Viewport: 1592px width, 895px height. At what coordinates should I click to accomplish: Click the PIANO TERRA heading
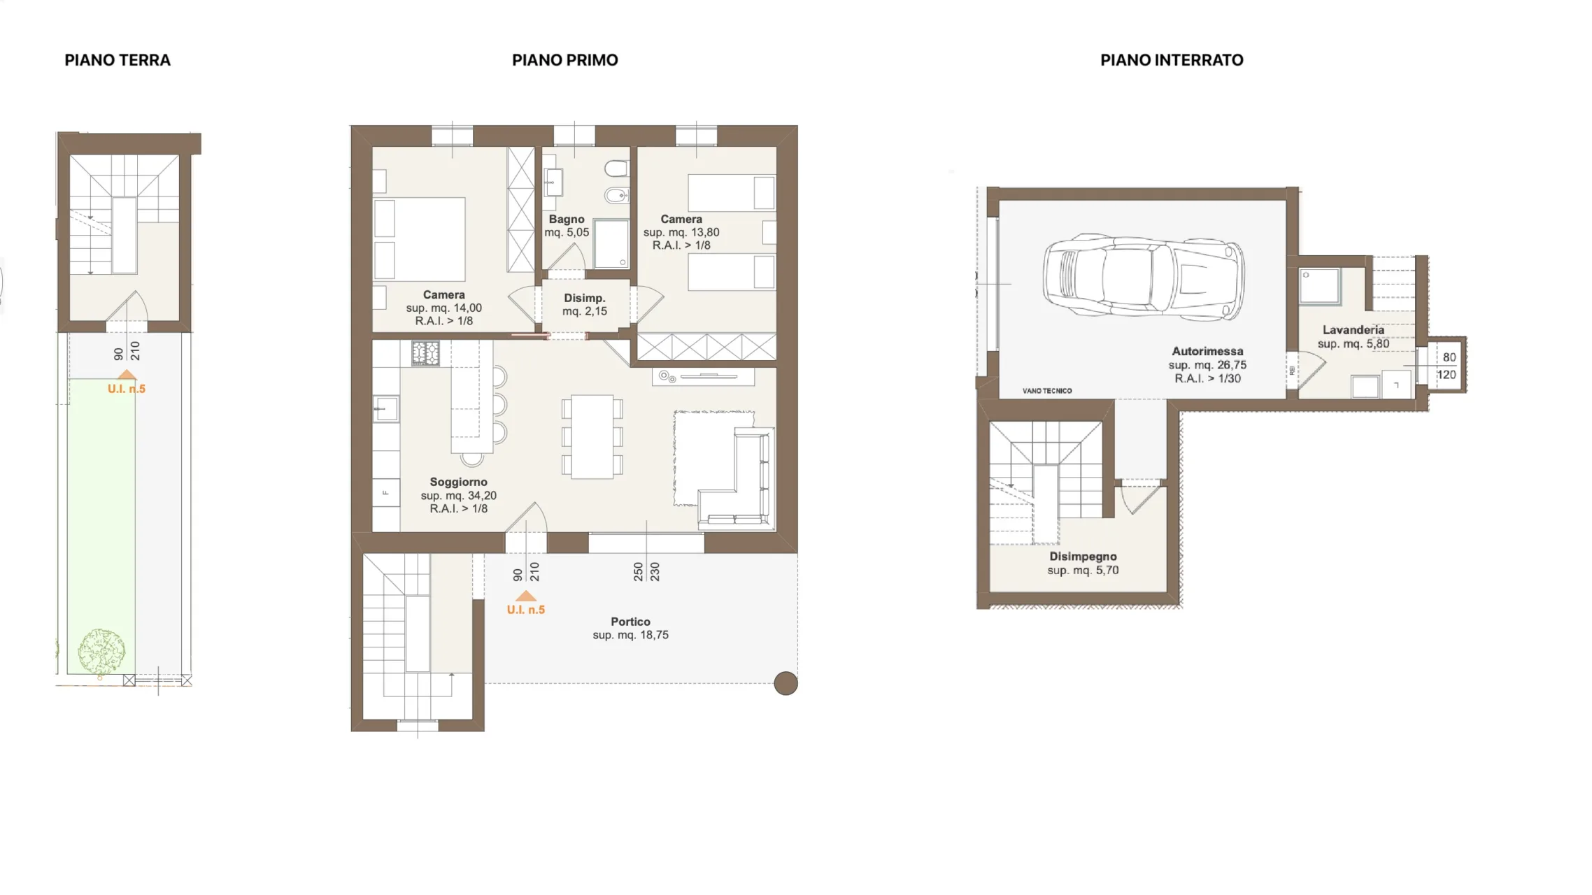118,60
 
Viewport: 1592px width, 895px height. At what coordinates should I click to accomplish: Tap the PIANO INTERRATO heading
1172,60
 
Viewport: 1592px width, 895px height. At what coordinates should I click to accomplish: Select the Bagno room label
567,219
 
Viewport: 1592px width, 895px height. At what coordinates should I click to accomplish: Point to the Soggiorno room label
458,482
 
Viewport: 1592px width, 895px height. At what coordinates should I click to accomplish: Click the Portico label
630,622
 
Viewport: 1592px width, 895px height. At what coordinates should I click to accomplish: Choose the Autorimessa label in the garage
1207,351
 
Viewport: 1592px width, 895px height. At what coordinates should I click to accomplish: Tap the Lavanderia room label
1353,330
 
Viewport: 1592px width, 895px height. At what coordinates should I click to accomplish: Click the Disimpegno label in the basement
1083,557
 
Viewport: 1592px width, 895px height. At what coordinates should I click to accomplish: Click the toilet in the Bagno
616,169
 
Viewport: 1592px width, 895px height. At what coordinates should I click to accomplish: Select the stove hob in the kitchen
425,353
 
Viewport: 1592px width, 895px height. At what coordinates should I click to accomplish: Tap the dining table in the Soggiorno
592,437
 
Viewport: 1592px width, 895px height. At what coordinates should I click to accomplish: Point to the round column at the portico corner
786,683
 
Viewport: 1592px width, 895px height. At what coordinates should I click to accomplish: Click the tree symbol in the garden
101,652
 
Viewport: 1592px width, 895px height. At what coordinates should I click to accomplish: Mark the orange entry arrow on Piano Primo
525,596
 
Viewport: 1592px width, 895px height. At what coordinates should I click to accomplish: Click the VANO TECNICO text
1046,391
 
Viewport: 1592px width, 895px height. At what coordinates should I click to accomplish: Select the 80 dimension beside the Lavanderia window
1449,357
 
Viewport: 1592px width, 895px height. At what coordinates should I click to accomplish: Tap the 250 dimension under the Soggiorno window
638,572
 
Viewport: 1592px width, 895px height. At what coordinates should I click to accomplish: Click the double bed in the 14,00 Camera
420,239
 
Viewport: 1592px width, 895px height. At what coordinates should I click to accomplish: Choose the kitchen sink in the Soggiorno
385,408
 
